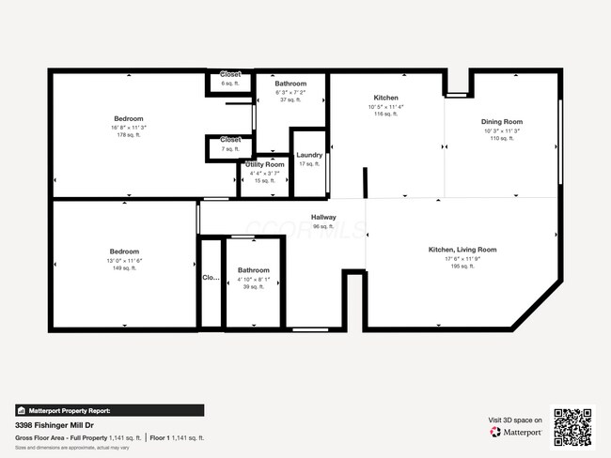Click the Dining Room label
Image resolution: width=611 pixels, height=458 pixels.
pos(502,122)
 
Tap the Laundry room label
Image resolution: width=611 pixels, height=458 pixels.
pos(309,156)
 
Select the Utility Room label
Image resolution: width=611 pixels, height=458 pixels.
pos(265,164)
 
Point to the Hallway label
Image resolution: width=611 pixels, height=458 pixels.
pos(323,218)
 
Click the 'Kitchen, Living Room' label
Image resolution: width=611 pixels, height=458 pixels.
pos(462,250)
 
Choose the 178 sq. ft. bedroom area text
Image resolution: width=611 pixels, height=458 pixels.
pos(128,134)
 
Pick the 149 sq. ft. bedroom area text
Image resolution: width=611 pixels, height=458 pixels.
pos(124,267)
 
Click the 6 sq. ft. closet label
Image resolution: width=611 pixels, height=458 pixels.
pos(230,84)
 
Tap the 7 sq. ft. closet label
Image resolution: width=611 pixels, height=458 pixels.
pos(230,148)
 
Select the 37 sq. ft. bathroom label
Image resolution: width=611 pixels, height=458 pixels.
pos(290,99)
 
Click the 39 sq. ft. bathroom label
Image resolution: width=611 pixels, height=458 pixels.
pos(253,287)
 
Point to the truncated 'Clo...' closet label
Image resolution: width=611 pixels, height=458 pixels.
pos(211,278)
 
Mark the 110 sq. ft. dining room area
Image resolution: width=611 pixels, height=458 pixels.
pos(502,138)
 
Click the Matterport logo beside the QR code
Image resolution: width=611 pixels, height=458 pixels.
pos(516,433)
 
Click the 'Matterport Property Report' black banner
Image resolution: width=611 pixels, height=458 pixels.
pos(109,410)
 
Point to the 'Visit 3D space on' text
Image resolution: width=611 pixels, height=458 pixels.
pos(515,420)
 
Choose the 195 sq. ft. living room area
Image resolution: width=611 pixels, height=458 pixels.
pos(462,266)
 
